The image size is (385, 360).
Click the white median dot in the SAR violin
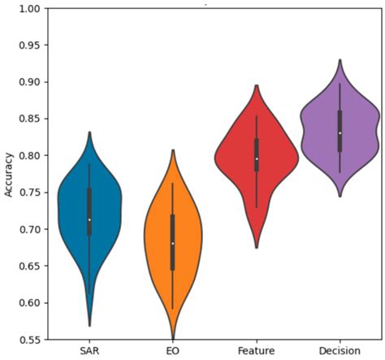pos(89,219)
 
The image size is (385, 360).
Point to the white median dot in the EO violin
pos(173,243)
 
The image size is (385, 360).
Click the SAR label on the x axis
pos(89,350)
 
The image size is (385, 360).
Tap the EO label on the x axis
pos(173,350)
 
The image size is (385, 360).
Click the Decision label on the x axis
pos(340,350)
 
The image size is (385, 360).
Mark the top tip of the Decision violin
pos(340,59)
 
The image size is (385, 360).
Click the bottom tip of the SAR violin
pos(89,326)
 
